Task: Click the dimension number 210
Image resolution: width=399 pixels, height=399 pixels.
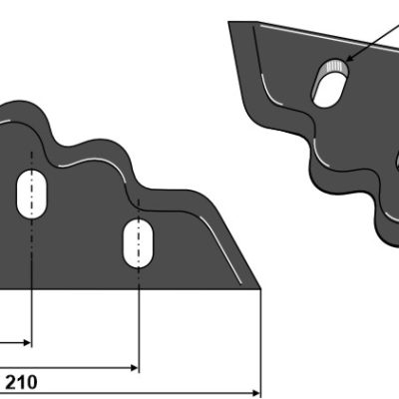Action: click(21, 382)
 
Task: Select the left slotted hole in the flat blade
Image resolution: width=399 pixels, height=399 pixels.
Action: click(32, 195)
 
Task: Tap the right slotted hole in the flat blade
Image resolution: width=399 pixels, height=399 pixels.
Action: click(139, 243)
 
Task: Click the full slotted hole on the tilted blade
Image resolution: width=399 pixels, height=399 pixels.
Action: click(330, 83)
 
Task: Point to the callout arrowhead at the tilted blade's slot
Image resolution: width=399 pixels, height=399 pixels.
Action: click(349, 58)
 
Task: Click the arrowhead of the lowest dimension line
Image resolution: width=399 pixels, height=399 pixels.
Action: click(256, 393)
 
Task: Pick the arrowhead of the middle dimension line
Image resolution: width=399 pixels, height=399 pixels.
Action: click(134, 368)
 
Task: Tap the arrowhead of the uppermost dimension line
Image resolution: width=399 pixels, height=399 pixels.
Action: click(27, 342)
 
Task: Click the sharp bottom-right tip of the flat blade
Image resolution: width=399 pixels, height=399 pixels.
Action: click(260, 288)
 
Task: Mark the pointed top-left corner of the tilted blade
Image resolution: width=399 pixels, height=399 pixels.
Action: click(228, 22)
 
